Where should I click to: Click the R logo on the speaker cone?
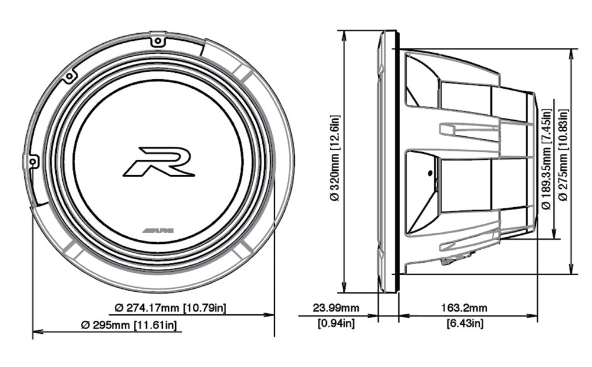coord(159,162)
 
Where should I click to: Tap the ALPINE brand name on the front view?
coord(157,228)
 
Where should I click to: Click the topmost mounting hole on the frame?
coord(157,41)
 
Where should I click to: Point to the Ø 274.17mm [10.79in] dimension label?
coord(170,308)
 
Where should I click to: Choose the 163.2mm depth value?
coord(468,308)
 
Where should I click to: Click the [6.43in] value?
coord(468,323)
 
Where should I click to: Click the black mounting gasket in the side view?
coord(397,160)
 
